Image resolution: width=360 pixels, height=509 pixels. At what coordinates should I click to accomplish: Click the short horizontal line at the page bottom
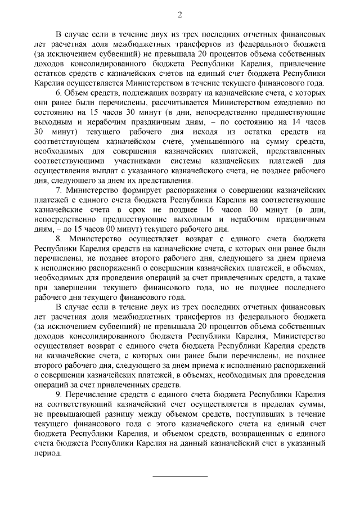[x=180, y=476]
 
